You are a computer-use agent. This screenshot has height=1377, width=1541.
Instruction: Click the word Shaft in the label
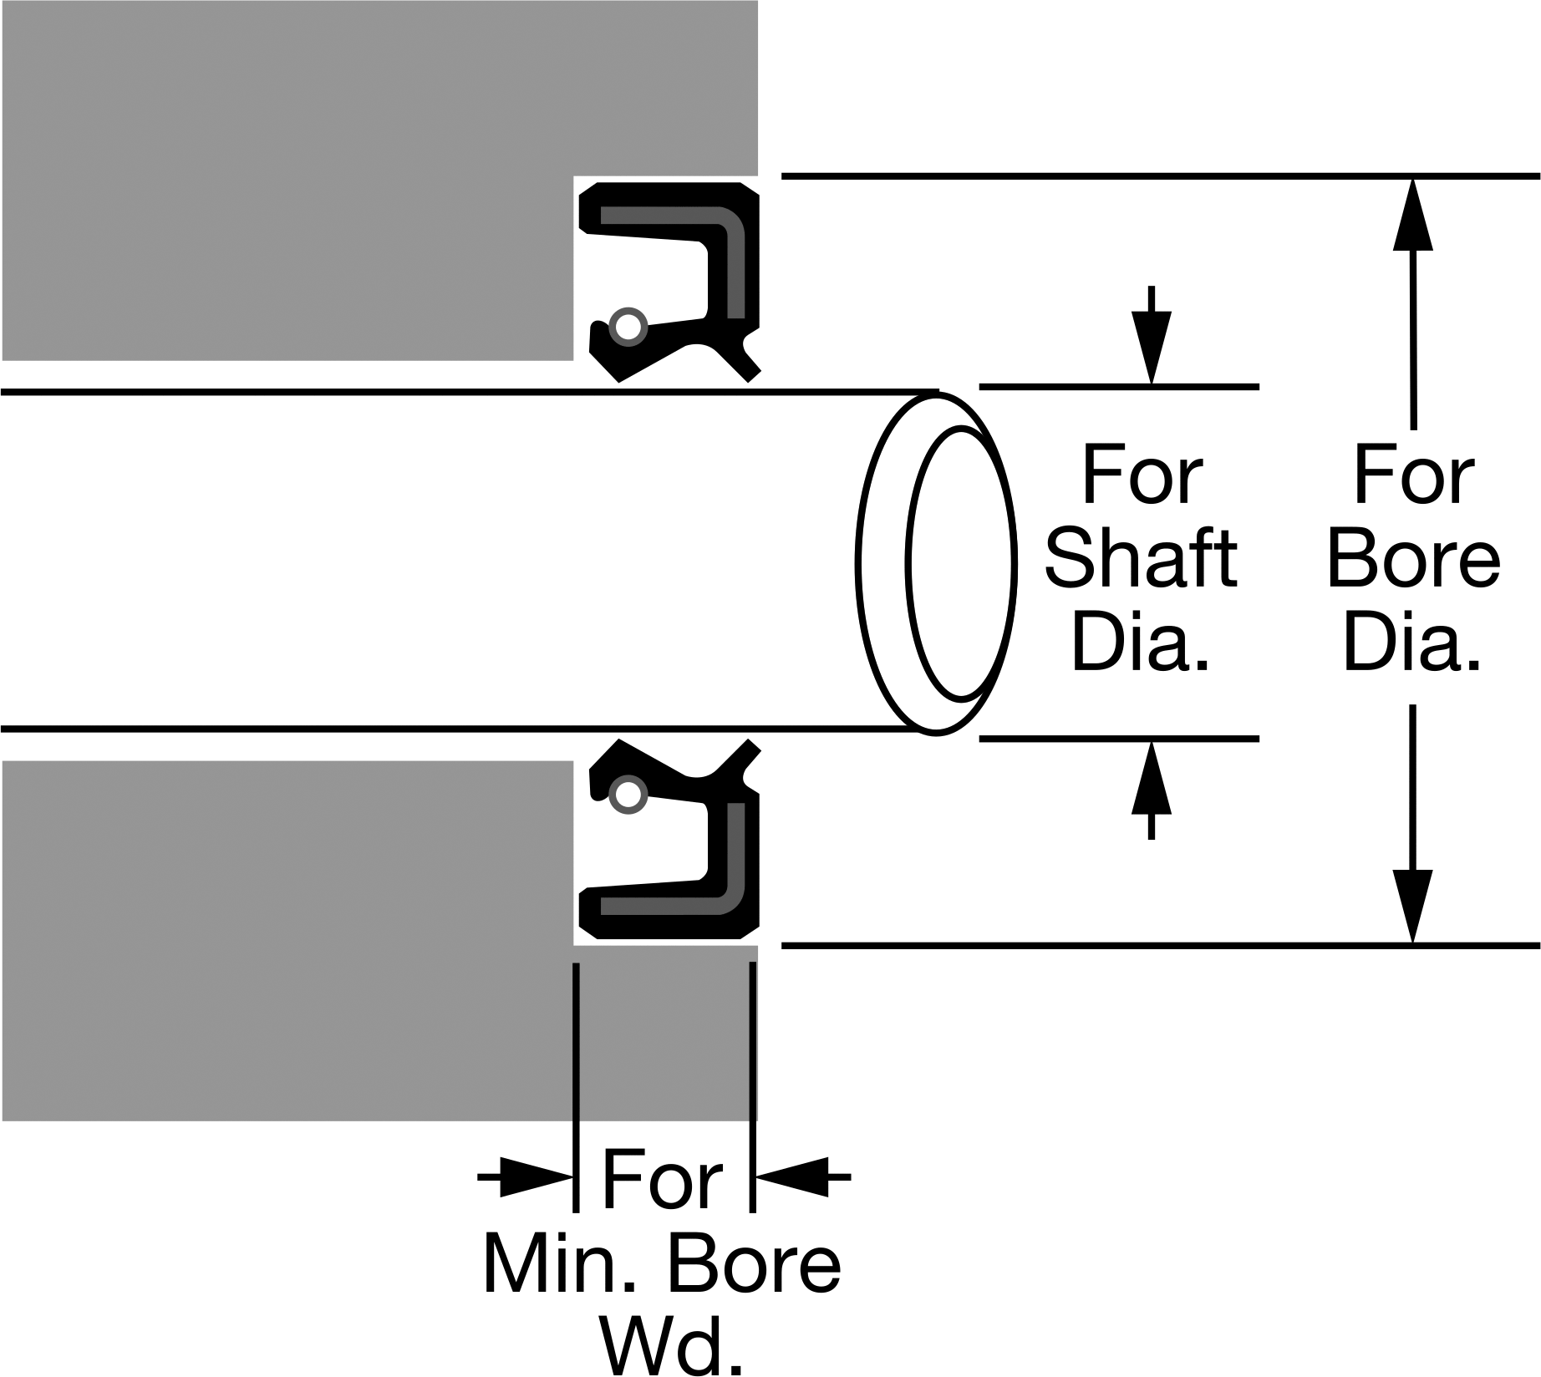(1141, 558)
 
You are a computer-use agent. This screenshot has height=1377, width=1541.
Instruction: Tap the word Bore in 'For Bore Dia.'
(1413, 558)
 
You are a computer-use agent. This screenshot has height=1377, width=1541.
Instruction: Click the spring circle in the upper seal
(628, 326)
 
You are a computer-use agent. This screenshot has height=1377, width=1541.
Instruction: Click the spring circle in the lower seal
(628, 795)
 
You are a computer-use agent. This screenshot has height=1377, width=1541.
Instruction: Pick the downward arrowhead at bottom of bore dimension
(1413, 907)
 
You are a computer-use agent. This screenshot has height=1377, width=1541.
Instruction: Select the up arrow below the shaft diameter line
(1152, 790)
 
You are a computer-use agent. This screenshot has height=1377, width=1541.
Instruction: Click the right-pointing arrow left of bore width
(526, 1177)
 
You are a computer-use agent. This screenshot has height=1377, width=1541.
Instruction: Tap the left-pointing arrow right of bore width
(802, 1177)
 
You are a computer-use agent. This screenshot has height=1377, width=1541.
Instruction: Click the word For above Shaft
(1142, 475)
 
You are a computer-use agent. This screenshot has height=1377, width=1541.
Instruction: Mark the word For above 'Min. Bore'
(662, 1180)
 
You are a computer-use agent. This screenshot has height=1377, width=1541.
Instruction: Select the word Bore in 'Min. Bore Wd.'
(755, 1263)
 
